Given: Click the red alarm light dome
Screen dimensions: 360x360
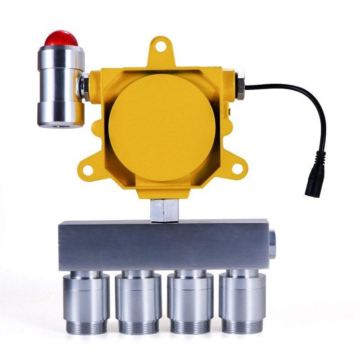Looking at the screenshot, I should tap(61, 38).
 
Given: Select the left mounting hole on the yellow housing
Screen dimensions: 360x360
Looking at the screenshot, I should tap(87, 170).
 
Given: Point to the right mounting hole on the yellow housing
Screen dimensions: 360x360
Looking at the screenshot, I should tap(237, 169).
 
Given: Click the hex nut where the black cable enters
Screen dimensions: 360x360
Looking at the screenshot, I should tap(240, 85).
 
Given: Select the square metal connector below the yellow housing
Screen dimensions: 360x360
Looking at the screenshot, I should tap(164, 210).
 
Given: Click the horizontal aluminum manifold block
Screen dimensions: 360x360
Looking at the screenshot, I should tap(164, 245).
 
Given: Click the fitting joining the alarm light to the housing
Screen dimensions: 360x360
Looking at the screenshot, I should tap(84, 86).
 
